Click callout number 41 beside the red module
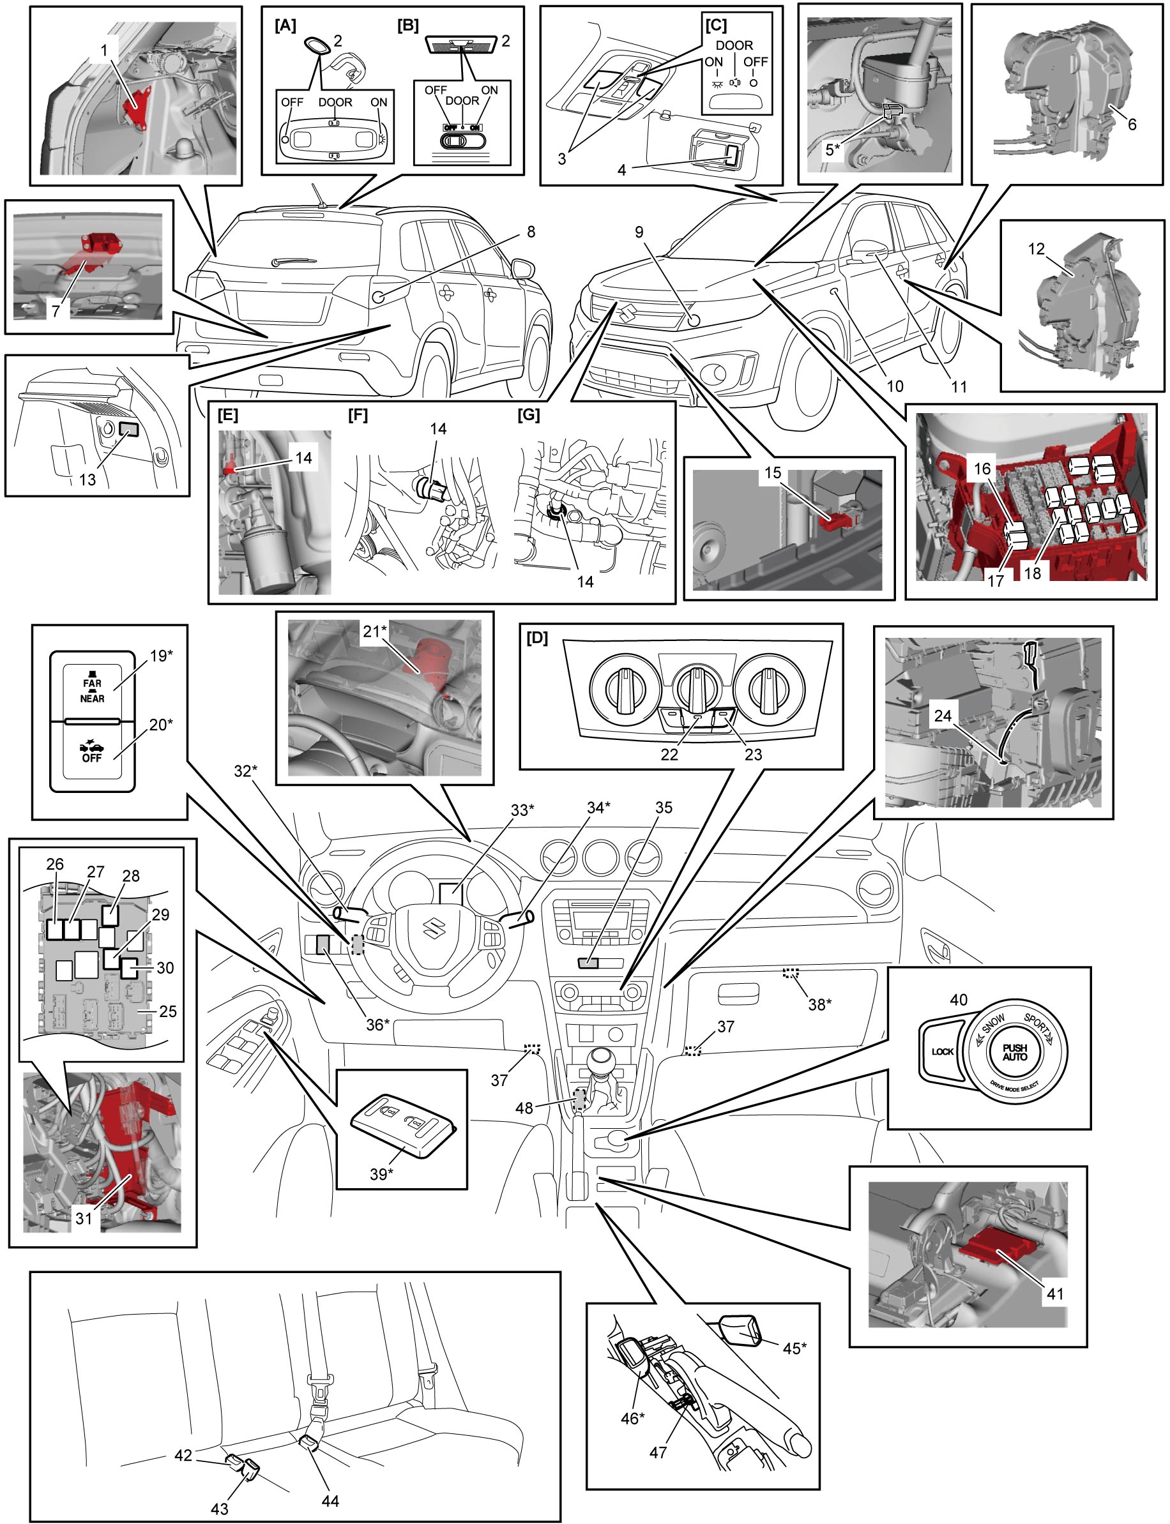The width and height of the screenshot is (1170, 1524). (1055, 1294)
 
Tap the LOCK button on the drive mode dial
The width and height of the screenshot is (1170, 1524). (942, 1052)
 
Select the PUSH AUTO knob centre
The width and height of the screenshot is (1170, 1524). (1015, 1052)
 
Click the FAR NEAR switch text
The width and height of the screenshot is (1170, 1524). (92, 691)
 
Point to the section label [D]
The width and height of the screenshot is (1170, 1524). (537, 638)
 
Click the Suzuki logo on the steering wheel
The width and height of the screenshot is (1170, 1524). (434, 927)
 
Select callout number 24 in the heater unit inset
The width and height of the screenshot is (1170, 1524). (942, 716)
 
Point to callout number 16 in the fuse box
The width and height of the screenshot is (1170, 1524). (982, 469)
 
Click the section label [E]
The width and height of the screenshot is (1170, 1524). (228, 415)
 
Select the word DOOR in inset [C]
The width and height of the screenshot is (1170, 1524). (734, 45)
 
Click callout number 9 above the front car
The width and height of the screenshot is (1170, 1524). (639, 232)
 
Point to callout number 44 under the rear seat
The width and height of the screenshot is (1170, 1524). (330, 1501)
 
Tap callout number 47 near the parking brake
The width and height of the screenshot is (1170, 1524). (657, 1452)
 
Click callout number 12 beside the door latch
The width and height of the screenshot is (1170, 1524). (1036, 248)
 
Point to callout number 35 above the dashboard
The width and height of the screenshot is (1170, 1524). (664, 807)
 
